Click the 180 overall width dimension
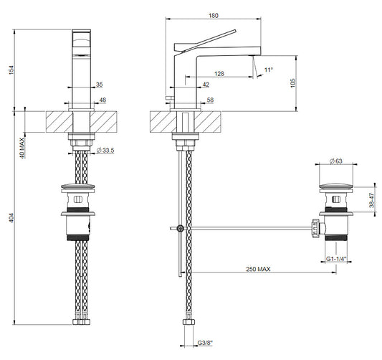tap(214, 16)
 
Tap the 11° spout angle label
tap(269, 70)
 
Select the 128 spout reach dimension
tap(219, 73)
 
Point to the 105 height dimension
tap(293, 83)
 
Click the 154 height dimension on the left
tap(11, 70)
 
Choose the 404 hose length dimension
tap(11, 218)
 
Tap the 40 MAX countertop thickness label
tap(22, 148)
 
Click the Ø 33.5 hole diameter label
tap(105, 151)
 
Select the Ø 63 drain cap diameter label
tap(336, 161)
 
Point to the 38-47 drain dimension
tap(371, 200)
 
